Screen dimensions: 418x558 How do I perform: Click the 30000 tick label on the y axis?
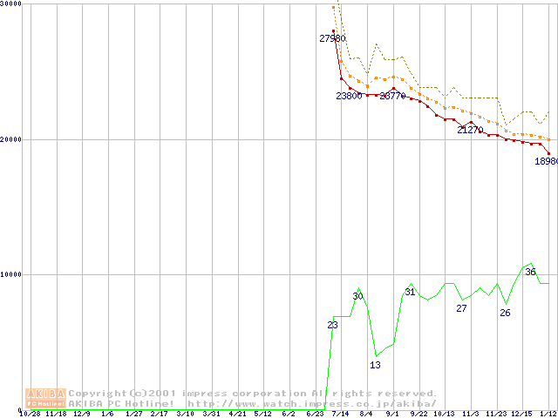click(11, 3)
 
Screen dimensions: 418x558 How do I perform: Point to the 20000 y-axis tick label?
click(11, 139)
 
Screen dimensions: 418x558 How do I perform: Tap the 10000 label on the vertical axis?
click(11, 274)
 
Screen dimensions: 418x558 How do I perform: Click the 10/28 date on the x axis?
click(30, 414)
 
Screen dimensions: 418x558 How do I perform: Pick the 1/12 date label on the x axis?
click(548, 414)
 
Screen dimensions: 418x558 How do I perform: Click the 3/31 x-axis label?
click(211, 414)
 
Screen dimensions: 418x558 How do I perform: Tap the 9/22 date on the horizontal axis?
click(418, 414)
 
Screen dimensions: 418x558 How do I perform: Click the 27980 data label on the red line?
click(333, 38)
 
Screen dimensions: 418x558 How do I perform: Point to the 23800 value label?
click(349, 96)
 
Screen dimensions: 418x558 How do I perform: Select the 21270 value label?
click(470, 130)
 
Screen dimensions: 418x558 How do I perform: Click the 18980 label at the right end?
click(546, 161)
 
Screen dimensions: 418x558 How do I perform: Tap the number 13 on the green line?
click(375, 365)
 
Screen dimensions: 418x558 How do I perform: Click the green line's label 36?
click(530, 273)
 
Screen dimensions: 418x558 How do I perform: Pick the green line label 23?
click(332, 325)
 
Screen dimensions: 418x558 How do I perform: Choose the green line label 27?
click(462, 308)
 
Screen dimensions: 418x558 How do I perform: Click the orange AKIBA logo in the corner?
click(45, 398)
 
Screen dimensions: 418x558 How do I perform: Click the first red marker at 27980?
click(333, 30)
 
